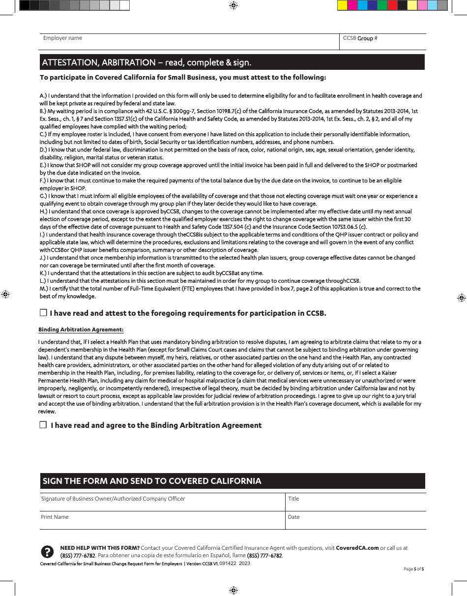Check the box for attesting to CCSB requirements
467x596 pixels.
[43, 313]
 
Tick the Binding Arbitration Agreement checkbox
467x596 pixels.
[43, 425]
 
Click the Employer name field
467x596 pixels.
[189, 42]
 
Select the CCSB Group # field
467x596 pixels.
[382, 42]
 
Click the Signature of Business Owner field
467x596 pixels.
[162, 502]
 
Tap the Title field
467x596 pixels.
[355, 502]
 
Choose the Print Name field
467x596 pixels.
[162, 520]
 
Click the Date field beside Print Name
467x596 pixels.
[355, 520]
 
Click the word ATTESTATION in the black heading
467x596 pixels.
[70, 62]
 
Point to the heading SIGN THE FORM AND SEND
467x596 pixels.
[152, 481]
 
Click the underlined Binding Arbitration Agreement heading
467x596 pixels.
[81, 329]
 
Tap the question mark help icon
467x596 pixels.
[47, 551]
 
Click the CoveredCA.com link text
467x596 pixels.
[357, 548]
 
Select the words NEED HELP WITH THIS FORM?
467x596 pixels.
[100, 548]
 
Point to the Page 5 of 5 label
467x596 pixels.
[413, 569]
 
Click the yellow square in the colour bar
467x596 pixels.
[342, 5]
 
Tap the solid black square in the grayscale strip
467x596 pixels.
[25, 5]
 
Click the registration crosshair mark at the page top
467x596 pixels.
[233, 5]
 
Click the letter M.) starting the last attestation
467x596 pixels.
[43, 289]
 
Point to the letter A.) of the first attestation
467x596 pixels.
[42, 96]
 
